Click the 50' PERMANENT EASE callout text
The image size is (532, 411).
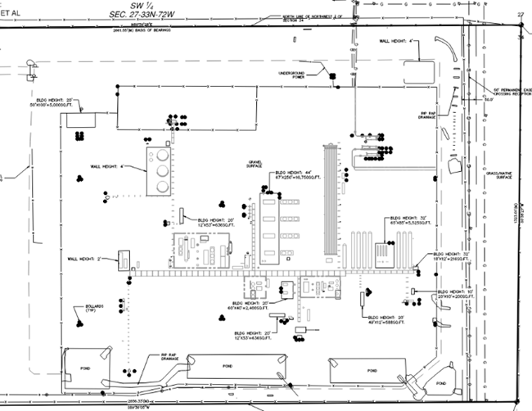pos(507,90)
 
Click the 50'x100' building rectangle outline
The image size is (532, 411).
pos(79,120)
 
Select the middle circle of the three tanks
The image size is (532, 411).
pos(162,170)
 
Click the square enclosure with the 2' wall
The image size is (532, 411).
pos(125,259)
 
